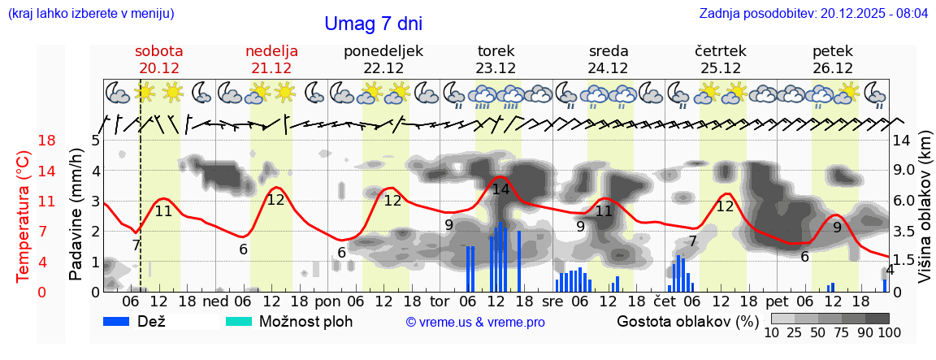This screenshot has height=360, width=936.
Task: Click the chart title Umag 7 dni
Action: [373, 24]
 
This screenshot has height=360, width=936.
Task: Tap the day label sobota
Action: [158, 51]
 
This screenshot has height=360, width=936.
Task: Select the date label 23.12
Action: [496, 68]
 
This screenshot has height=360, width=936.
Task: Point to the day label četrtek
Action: [721, 51]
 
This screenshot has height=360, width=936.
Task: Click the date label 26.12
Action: [833, 68]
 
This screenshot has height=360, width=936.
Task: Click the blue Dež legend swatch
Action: [122, 321]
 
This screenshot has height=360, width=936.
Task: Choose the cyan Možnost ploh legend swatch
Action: [239, 321]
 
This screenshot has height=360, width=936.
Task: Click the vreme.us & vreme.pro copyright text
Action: [475, 322]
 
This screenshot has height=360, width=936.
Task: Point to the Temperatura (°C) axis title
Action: [24, 216]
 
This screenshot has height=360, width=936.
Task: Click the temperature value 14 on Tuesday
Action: [500, 189]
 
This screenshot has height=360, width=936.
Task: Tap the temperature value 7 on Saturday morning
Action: [136, 244]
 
